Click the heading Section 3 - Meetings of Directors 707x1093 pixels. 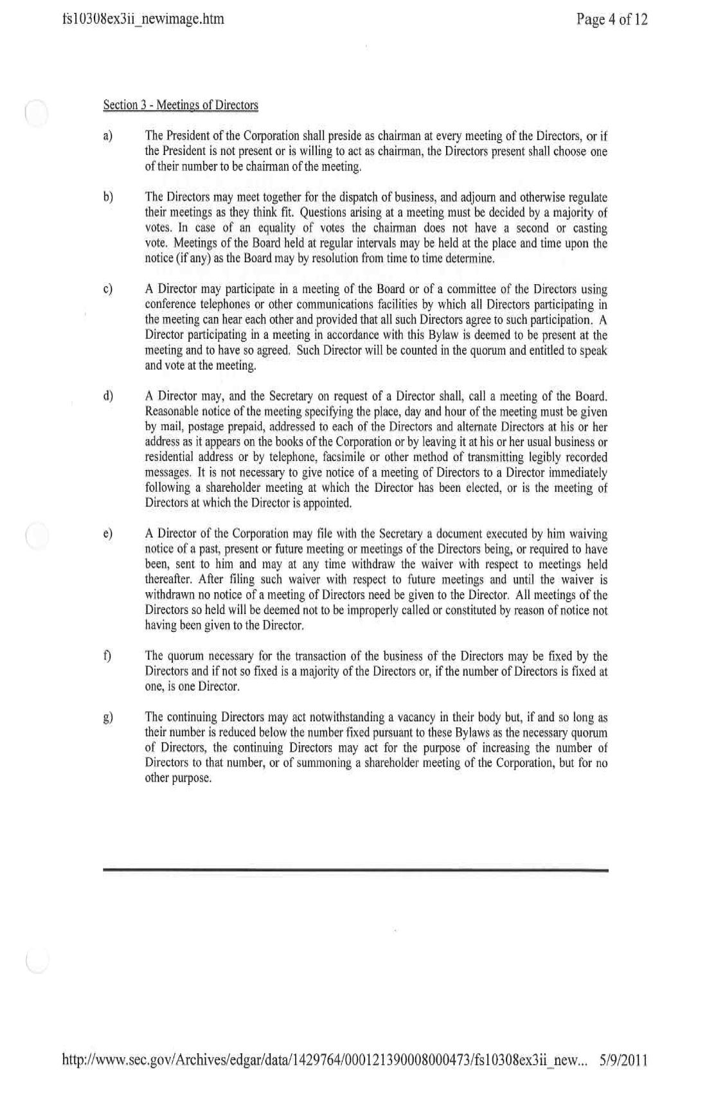point(181,105)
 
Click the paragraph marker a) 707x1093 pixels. point(108,136)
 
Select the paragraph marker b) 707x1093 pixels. point(108,197)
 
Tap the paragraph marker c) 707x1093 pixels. point(108,289)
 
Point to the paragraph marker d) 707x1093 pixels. point(108,396)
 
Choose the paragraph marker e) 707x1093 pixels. point(108,534)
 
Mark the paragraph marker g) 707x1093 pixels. point(108,717)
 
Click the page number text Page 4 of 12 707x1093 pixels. point(612,19)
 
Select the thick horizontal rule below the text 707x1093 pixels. point(355,870)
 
